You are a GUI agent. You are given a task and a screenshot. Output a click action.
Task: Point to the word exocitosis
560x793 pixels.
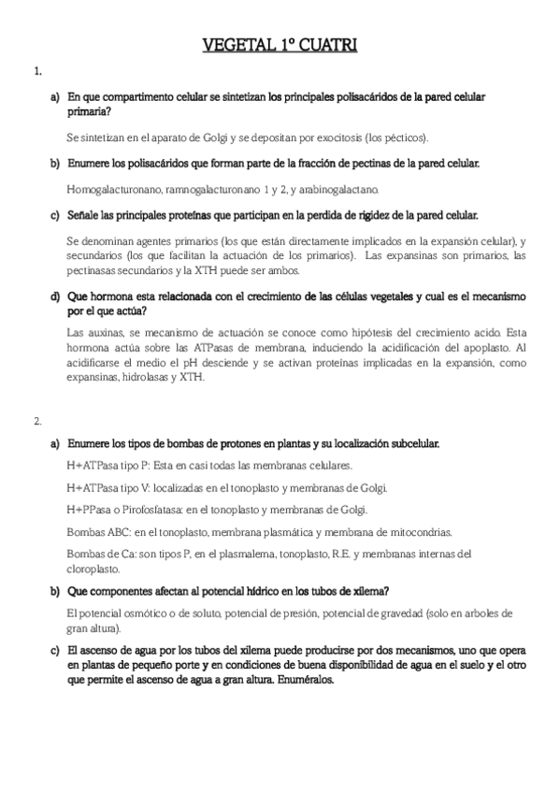[332, 137]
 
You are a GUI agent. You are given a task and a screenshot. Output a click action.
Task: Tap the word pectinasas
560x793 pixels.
[95, 269]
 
